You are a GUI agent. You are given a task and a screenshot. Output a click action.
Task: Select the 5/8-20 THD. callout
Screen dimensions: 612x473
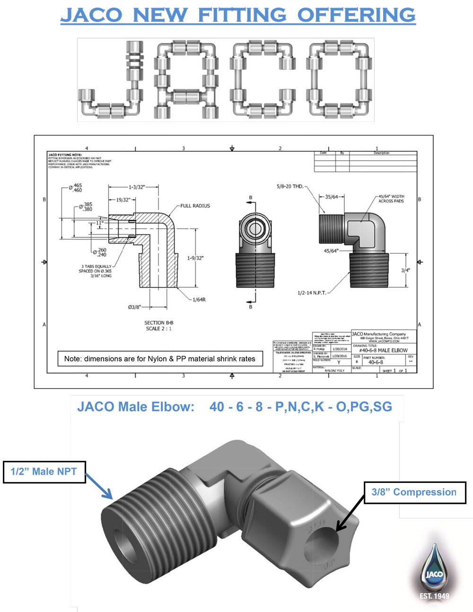pos(289,187)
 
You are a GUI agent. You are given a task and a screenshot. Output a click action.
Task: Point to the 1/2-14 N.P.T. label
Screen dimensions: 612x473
pos(311,293)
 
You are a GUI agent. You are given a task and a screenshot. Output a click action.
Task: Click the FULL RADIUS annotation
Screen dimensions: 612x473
pos(195,206)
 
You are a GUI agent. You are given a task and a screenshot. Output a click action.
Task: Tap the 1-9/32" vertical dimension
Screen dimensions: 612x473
pos(195,258)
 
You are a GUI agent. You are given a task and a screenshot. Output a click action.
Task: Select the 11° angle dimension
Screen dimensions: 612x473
pos(99,223)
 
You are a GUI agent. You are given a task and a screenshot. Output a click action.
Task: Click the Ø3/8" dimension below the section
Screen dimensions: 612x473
pos(134,307)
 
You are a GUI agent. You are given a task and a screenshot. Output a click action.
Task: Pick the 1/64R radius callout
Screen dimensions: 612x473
pos(199,300)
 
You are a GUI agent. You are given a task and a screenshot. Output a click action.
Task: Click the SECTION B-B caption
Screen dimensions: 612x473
pos(158,323)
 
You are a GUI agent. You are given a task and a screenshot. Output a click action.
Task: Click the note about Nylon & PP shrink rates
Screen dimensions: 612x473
pos(159,359)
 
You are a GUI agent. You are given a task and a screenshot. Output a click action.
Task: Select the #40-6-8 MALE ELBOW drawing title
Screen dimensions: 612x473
pos(383,350)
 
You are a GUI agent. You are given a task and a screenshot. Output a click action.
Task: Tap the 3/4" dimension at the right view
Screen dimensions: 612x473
pos(405,270)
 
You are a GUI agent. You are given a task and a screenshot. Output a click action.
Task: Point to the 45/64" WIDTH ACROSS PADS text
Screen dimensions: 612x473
pos(391,198)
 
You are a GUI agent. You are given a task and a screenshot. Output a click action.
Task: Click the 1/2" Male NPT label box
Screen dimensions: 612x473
pos(44,472)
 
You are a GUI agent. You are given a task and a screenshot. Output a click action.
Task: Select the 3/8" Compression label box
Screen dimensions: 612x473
pos(414,492)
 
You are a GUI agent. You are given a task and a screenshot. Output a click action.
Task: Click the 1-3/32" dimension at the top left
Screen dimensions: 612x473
pos(137,187)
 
